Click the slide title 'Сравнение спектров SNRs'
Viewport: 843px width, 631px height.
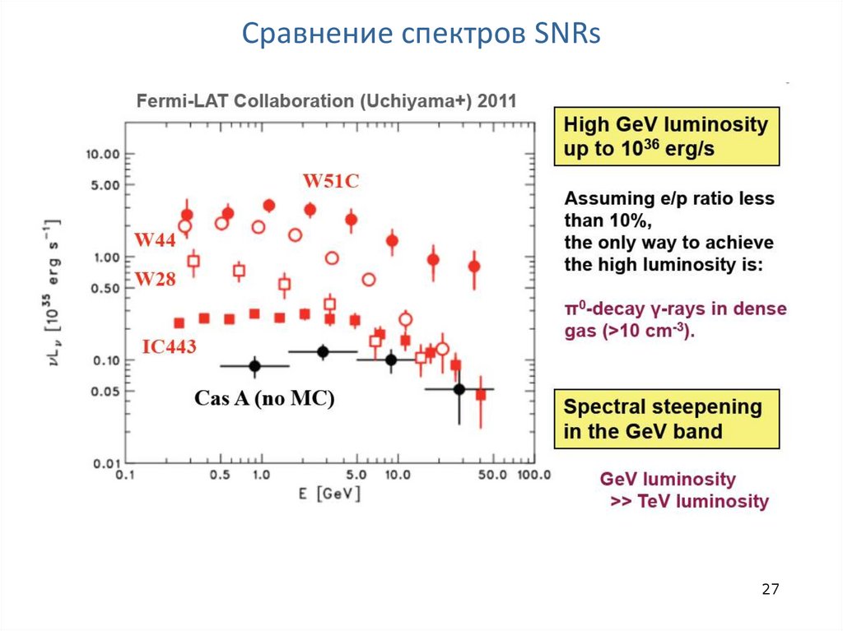[421, 35]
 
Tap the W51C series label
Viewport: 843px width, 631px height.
[330, 181]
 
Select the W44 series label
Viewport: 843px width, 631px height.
[155, 240]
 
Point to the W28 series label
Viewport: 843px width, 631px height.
[155, 279]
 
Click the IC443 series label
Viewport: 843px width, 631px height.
[169, 347]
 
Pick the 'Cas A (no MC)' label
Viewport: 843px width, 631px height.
[264, 399]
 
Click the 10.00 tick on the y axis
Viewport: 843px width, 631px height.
[104, 155]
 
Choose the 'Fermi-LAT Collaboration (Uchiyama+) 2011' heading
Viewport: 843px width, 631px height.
[326, 102]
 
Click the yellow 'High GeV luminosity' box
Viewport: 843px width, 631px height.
[666, 137]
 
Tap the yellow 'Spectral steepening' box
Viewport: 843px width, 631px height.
[666, 419]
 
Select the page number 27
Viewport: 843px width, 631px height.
[771, 589]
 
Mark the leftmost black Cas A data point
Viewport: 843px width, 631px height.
[254, 366]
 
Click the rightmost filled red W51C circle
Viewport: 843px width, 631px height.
[474, 267]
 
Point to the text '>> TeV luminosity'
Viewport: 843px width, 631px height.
[689, 501]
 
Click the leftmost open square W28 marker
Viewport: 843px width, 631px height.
[194, 262]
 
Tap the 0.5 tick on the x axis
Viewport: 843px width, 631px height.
[219, 476]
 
